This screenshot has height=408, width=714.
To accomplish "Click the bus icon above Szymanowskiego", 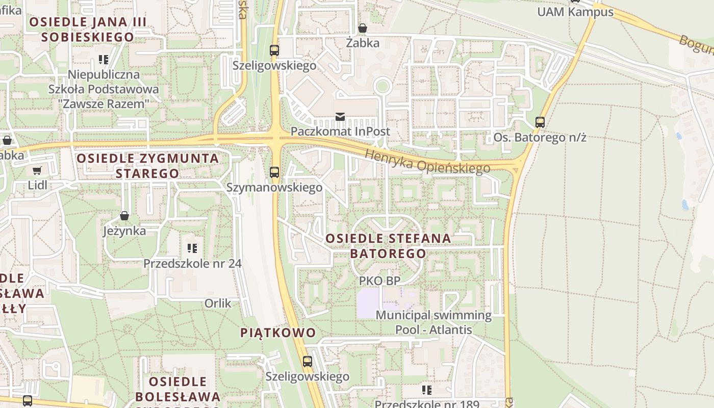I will [274, 172].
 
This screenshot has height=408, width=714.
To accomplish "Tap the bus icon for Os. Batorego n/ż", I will [540, 122].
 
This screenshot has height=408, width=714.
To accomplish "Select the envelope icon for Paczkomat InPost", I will [340, 117].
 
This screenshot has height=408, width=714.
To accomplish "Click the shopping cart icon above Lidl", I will [37, 170].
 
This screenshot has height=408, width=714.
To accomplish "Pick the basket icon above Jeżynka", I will [124, 216].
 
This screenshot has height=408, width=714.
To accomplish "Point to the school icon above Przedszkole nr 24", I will [192, 248].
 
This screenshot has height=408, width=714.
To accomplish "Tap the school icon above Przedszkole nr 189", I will [427, 390].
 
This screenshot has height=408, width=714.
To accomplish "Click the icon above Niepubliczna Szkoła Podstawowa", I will [104, 60].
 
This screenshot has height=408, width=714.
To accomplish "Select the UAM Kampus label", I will [575, 12].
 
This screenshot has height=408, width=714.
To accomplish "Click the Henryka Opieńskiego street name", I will [427, 161].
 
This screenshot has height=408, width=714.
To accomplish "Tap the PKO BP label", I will [379, 280].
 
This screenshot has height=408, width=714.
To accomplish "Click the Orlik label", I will [218, 303].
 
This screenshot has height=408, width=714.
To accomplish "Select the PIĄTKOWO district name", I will [278, 333].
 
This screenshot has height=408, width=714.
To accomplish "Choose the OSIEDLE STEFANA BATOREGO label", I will [388, 246].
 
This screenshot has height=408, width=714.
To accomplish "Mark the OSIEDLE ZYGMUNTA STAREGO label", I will [147, 166].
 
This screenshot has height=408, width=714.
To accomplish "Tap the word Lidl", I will [37, 185].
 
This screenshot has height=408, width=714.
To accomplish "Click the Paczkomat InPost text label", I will [340, 132].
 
